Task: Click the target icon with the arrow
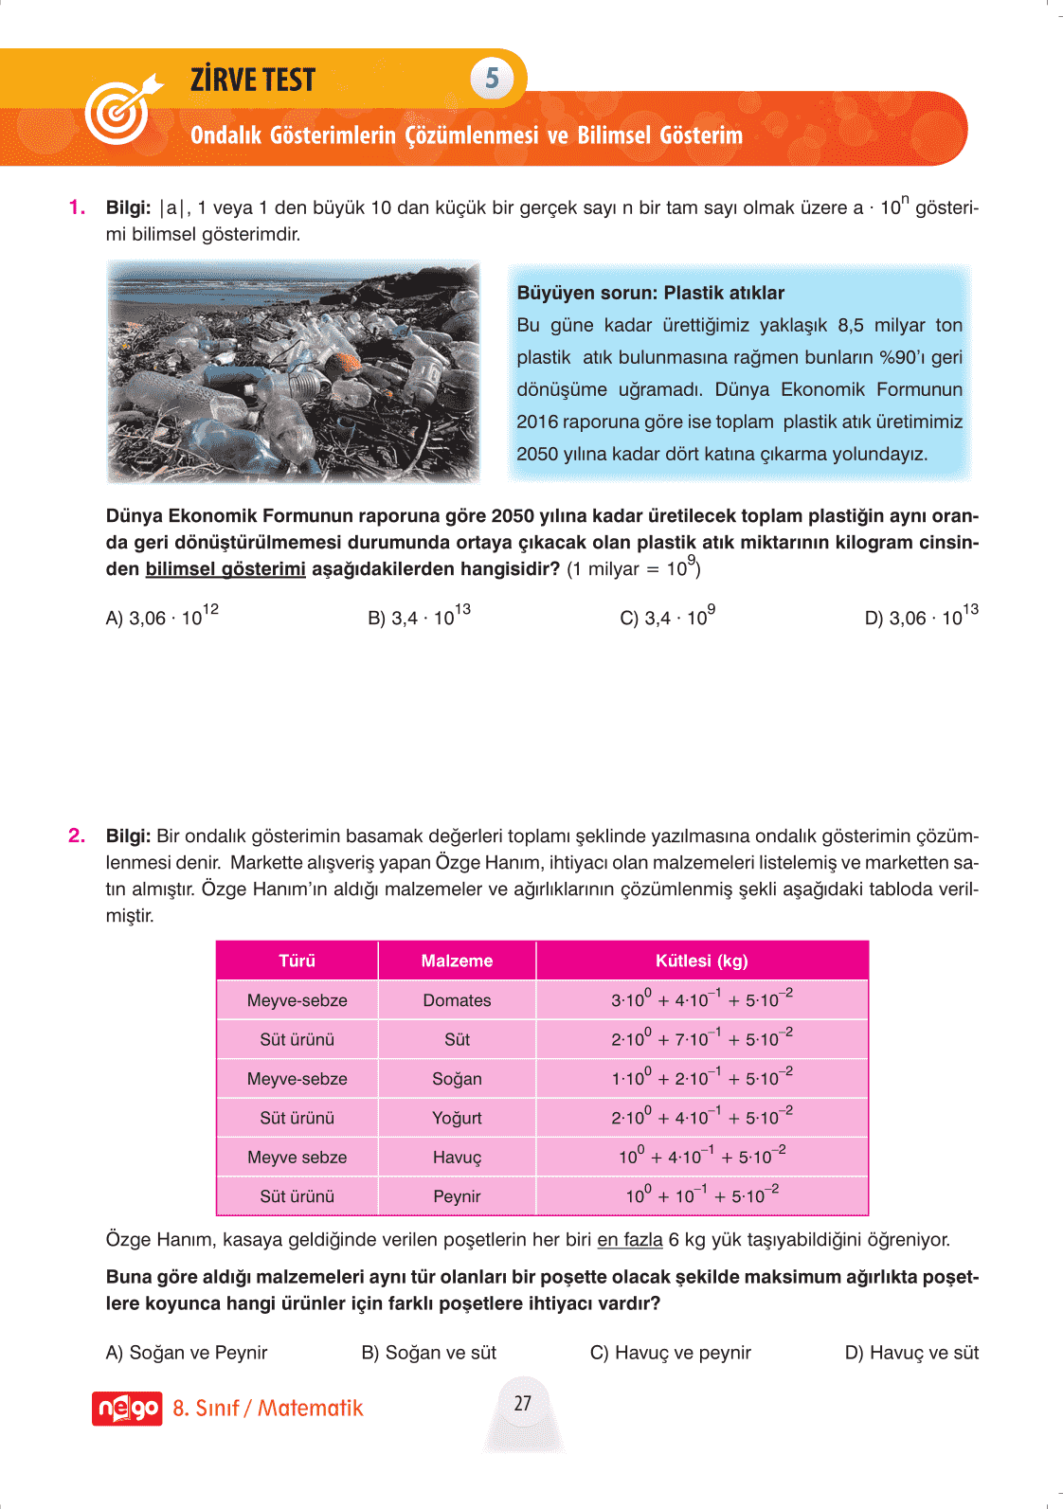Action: [x=120, y=110]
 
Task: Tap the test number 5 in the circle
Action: [x=492, y=78]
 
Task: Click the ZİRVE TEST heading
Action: [x=253, y=81]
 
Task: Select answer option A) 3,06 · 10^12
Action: [x=162, y=617]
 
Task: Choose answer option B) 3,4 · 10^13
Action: [x=419, y=617]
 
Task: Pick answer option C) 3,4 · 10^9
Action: [x=667, y=617]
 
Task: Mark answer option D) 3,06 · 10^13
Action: [x=921, y=617]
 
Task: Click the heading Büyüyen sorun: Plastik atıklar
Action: [x=650, y=293]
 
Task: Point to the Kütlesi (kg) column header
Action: [x=701, y=961]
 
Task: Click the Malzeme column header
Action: [x=457, y=961]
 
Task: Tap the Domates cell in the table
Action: [x=457, y=1000]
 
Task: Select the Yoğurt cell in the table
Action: [x=457, y=1118]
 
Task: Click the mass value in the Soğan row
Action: [x=701, y=1078]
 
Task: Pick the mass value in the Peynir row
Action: [x=701, y=1195]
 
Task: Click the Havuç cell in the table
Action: [x=457, y=1158]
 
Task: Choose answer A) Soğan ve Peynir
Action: [x=187, y=1353]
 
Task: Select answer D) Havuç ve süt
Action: [x=911, y=1353]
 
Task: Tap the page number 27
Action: [x=523, y=1403]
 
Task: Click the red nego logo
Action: [x=127, y=1409]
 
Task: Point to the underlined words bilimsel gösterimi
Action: [x=225, y=569]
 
